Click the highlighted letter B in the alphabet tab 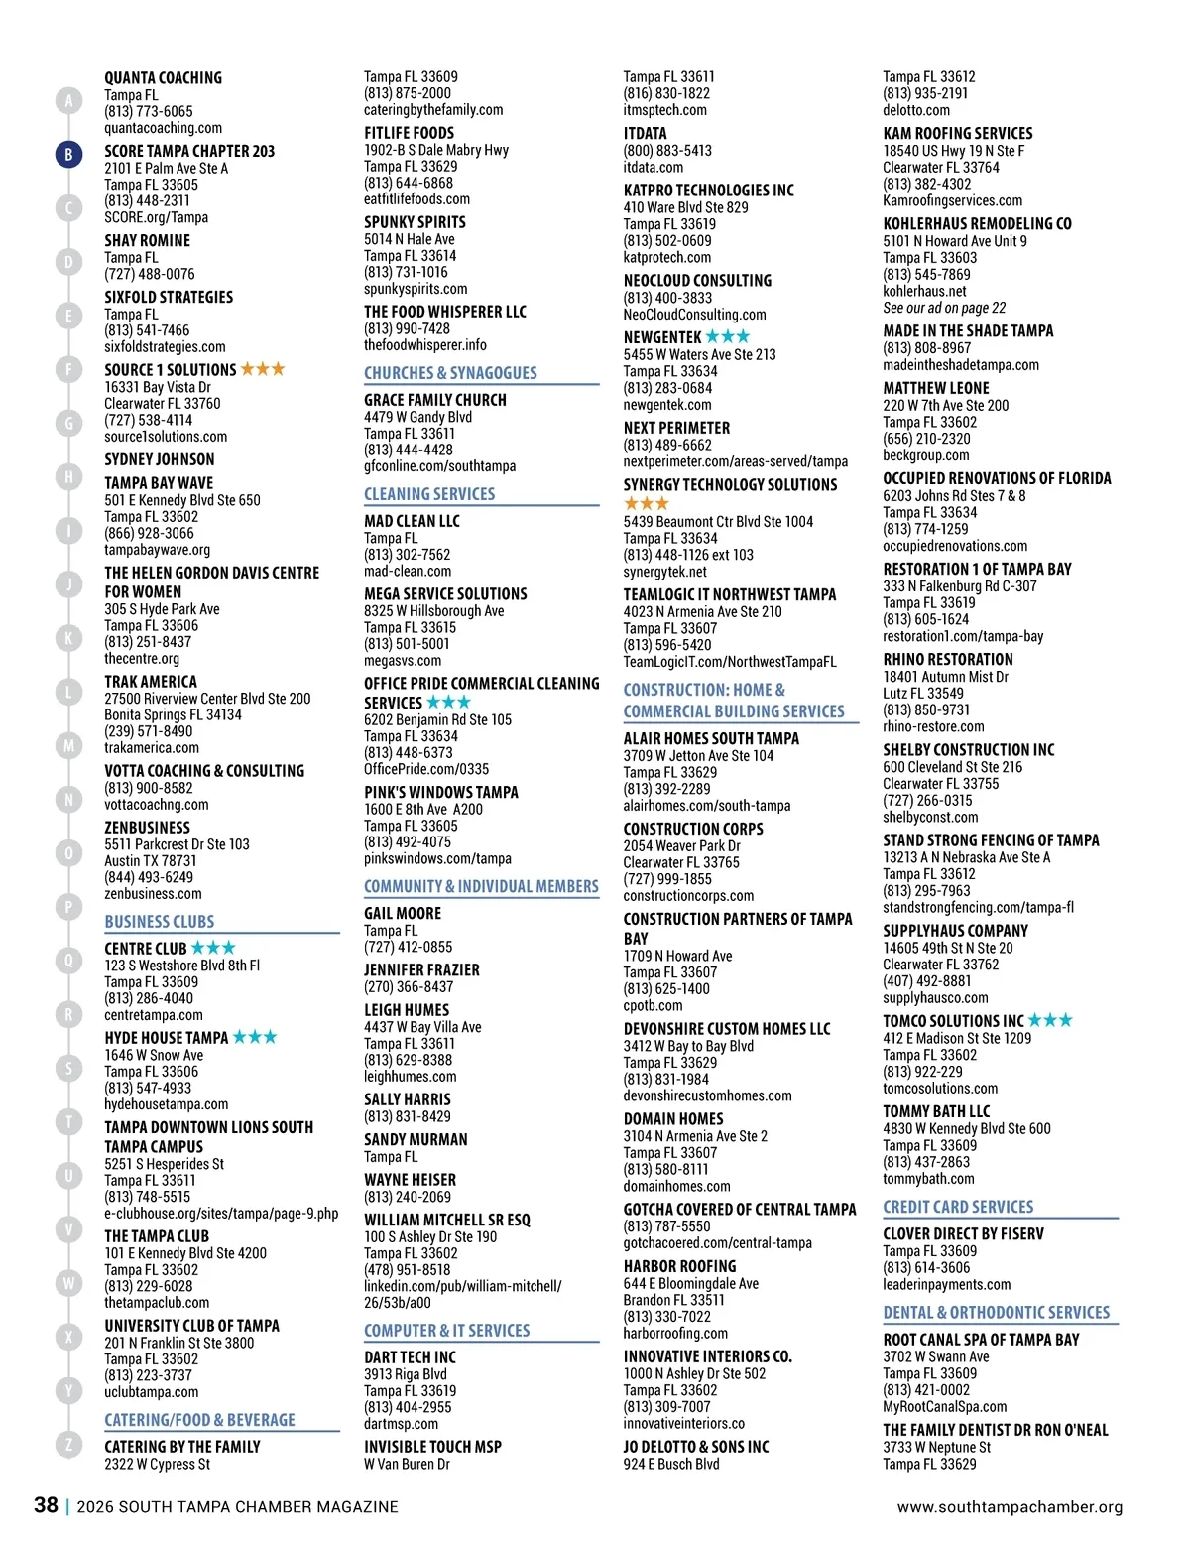click(68, 154)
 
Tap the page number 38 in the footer click(46, 1505)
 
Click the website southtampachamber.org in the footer click(1010, 1506)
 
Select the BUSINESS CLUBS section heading click(160, 922)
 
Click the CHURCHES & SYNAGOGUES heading click(450, 373)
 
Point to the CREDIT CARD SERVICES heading click(958, 1207)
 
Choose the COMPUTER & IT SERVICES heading click(446, 1330)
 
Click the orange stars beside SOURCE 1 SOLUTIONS click(263, 369)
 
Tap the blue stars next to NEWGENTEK click(728, 337)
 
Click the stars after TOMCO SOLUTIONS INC click(1050, 1020)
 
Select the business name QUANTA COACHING click(163, 78)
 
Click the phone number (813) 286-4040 click(149, 998)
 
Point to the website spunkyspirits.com click(416, 289)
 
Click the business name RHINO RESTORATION click(948, 659)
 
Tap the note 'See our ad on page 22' click(944, 308)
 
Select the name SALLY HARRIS click(407, 1099)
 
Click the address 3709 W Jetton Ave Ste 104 click(698, 755)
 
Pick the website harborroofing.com click(675, 1333)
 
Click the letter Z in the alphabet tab click(68, 1445)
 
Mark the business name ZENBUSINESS click(147, 827)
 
